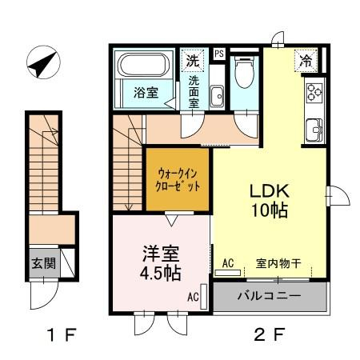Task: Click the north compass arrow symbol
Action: coord(43,62)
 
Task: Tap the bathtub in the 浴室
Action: coord(144,65)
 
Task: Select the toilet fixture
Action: coord(245,72)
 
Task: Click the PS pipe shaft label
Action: coord(219,54)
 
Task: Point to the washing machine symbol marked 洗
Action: coord(193,61)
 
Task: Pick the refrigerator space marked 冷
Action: coord(306,61)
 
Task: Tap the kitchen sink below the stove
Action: coord(314,130)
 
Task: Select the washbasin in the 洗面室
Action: coord(217,96)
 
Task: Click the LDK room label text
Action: coord(270,191)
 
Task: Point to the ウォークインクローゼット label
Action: coord(178,180)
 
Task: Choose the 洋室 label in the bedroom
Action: coord(161,254)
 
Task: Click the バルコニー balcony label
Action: coord(270,296)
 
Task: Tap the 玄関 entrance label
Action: coord(44,263)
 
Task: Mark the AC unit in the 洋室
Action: coord(204,297)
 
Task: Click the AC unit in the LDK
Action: coord(228,273)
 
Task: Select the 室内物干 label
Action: coord(278,263)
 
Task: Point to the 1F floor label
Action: coord(62,334)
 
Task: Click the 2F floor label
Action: coord(270,334)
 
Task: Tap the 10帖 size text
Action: coord(270,210)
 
